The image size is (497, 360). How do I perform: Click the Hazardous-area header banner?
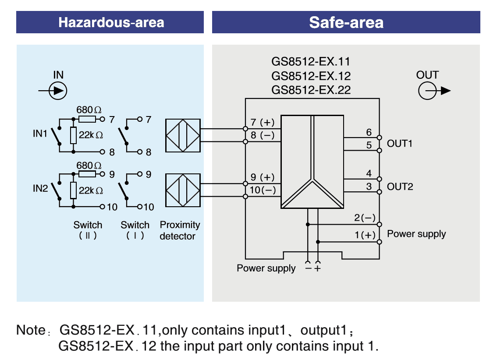point(110,22)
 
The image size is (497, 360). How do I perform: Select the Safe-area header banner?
point(346,22)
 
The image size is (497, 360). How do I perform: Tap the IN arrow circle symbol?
point(58,91)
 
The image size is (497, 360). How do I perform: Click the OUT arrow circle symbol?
point(427,91)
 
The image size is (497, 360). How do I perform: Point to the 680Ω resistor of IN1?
point(87,119)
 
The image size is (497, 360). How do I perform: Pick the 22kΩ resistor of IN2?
point(74,191)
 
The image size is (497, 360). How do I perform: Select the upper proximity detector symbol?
point(183,135)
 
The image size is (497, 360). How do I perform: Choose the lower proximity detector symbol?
point(183,190)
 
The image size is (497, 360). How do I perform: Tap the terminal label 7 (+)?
point(262,122)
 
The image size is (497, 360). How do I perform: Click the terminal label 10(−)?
point(263,190)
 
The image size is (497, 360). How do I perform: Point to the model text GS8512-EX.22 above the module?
point(311,90)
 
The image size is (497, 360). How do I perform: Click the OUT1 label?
point(399,144)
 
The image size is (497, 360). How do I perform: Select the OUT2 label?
point(400,187)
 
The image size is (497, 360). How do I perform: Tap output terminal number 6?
point(369,132)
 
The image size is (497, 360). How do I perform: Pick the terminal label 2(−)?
point(365,218)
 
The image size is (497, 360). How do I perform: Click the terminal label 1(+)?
point(365,235)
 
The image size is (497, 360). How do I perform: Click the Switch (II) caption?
point(88,230)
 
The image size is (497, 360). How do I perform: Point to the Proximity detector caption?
point(179,230)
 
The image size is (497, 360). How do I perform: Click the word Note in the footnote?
point(30,330)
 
